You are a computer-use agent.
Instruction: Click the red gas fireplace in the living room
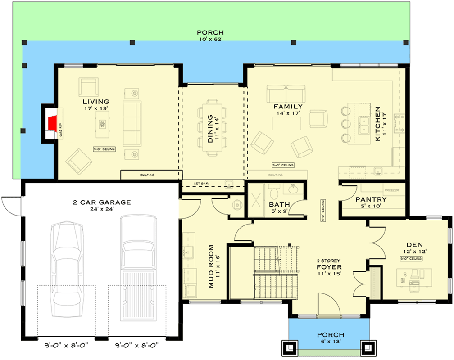click(x=53, y=122)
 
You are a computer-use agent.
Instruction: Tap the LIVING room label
click(x=95, y=102)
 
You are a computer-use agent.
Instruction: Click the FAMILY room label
click(x=289, y=107)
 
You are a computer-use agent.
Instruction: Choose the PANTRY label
click(x=371, y=199)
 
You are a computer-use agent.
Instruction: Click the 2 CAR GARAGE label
click(x=102, y=202)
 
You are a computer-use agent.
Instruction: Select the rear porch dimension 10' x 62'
click(x=210, y=39)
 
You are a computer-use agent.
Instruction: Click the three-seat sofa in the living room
click(x=132, y=123)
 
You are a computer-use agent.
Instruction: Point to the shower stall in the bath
click(x=259, y=199)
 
